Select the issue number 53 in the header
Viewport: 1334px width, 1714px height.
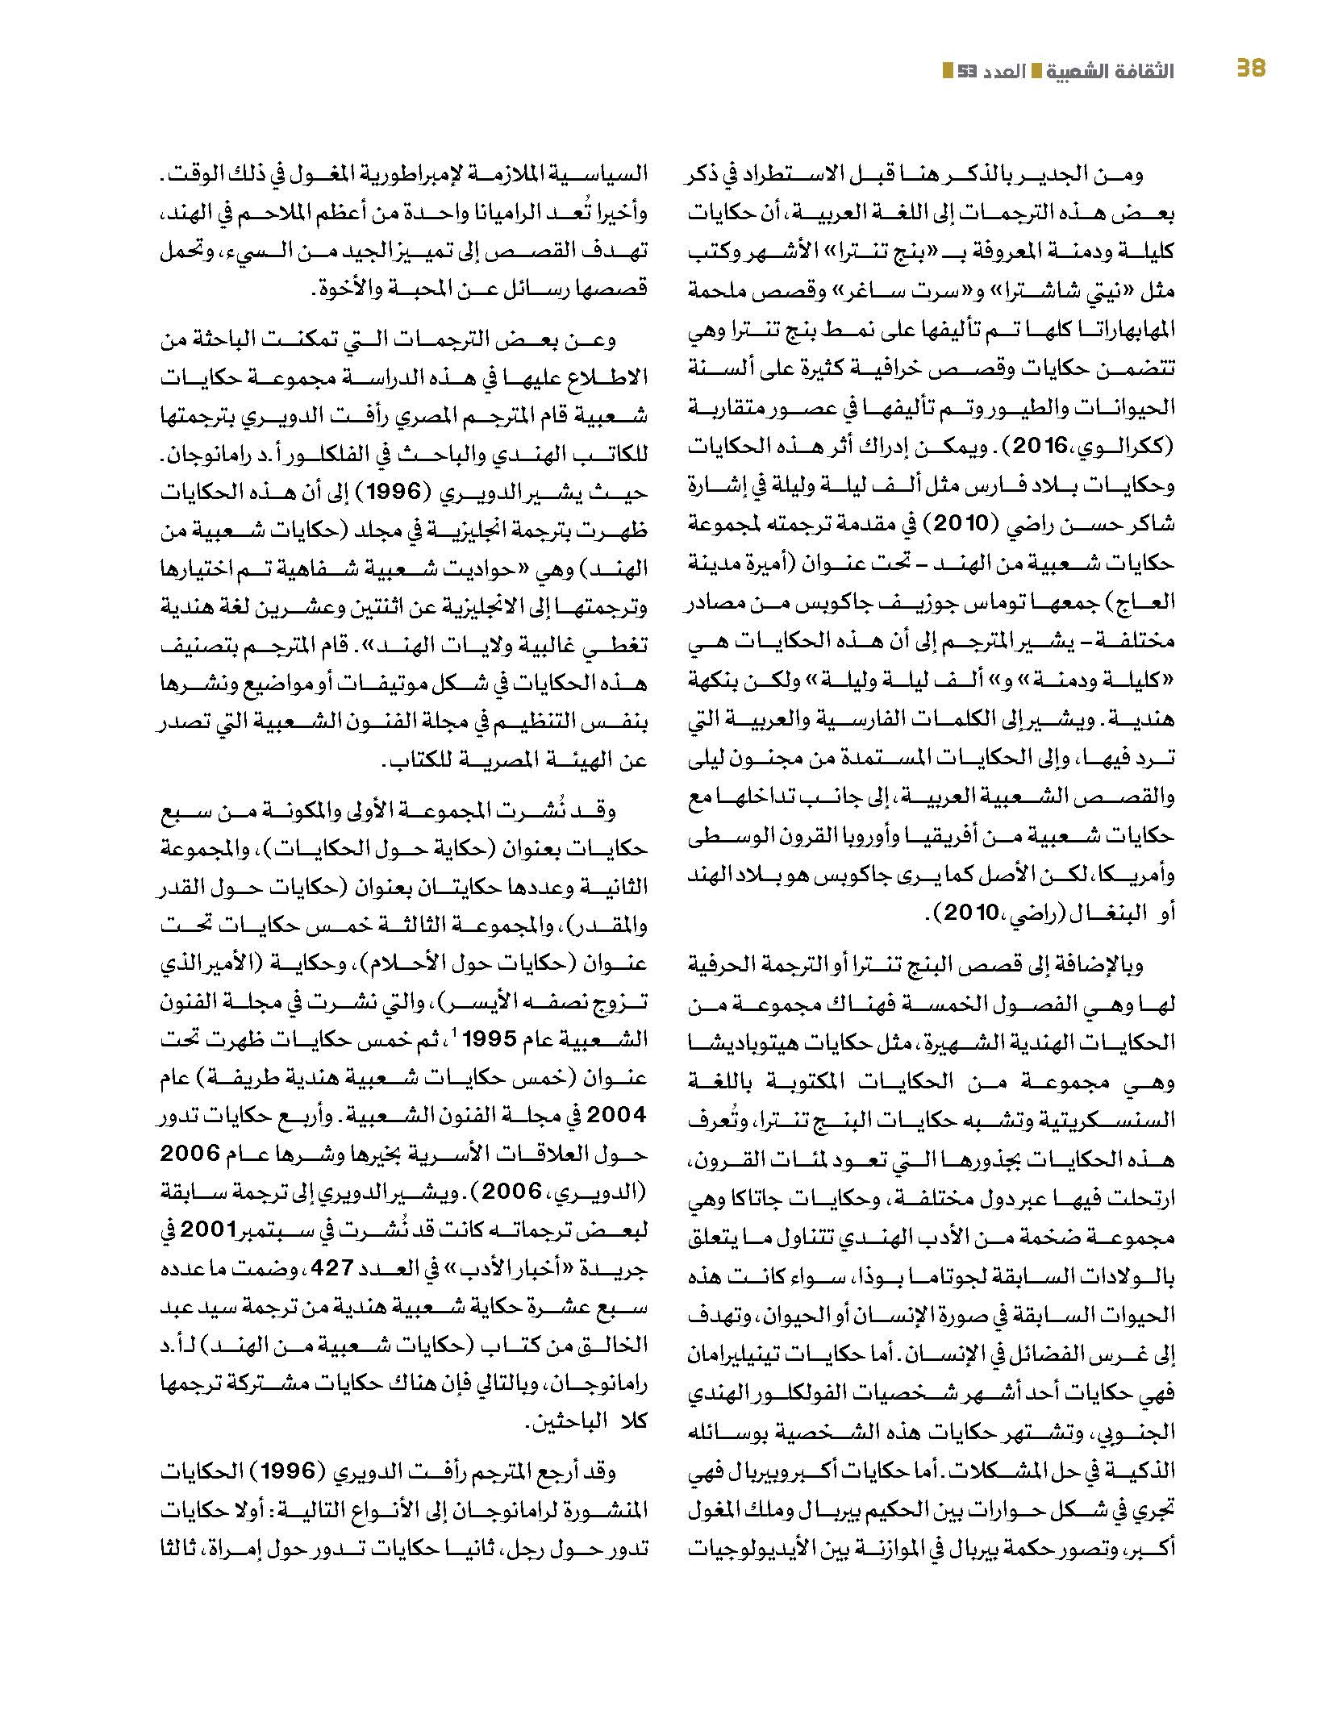tap(969, 72)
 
